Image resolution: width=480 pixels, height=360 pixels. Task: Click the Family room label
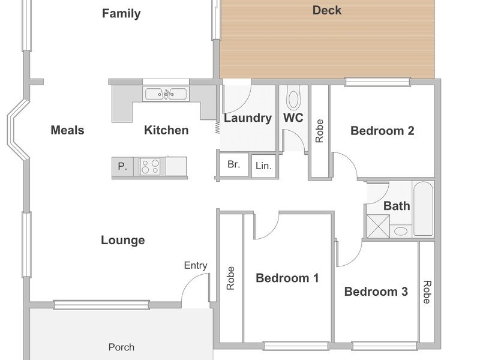(x=121, y=14)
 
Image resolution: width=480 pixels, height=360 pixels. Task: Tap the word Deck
(x=326, y=10)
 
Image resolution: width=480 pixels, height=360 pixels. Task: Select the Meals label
(x=67, y=130)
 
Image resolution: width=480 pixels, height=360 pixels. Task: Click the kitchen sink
(x=166, y=94)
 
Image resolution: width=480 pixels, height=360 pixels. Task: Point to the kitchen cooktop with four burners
(x=149, y=166)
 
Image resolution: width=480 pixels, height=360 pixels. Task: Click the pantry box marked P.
(x=122, y=167)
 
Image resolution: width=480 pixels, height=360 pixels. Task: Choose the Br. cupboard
(x=234, y=164)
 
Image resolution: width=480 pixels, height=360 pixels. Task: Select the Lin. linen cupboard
(x=263, y=166)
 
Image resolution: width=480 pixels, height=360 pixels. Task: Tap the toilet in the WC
(x=293, y=97)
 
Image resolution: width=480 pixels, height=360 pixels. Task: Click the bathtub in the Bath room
(x=423, y=208)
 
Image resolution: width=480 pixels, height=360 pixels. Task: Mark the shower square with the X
(x=378, y=226)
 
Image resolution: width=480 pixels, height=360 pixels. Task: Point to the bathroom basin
(x=400, y=231)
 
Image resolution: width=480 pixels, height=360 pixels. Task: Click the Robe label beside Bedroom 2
(x=319, y=131)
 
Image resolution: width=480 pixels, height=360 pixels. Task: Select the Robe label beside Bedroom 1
(x=230, y=278)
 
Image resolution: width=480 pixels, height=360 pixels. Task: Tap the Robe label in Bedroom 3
(x=427, y=292)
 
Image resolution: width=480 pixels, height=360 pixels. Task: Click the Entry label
(x=196, y=265)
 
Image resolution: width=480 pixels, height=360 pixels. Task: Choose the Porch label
(x=121, y=347)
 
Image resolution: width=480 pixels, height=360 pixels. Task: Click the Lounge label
(x=123, y=241)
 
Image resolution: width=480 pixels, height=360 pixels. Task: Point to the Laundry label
(x=248, y=118)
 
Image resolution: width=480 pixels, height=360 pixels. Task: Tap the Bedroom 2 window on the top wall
(x=377, y=82)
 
